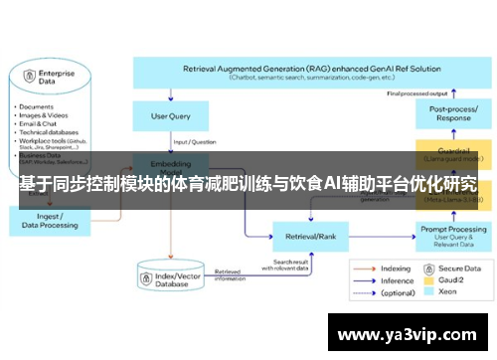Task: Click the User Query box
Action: pyautogui.click(x=170, y=116)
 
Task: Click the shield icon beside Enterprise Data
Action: pyautogui.click(x=29, y=75)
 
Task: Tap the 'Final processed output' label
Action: pyautogui.click(x=414, y=93)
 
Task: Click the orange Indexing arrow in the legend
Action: pyautogui.click(x=366, y=269)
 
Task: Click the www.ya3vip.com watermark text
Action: pyautogui.click(x=412, y=335)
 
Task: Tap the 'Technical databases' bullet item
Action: pyautogui.click(x=50, y=132)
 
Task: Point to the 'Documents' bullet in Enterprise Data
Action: pyautogui.click(x=38, y=106)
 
